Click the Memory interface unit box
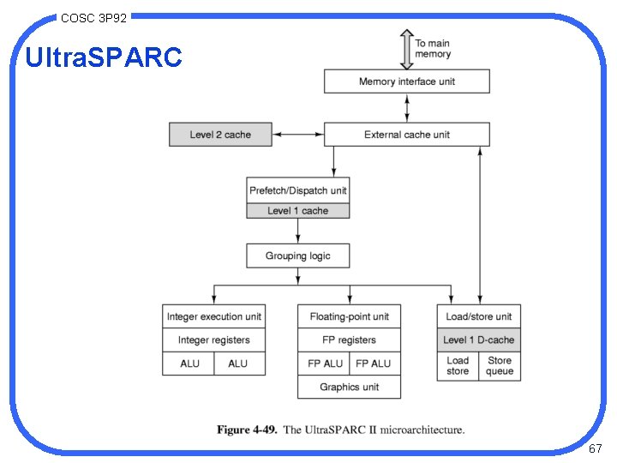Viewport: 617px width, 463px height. (406, 81)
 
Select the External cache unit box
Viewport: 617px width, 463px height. (406, 135)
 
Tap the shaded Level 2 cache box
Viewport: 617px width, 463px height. (220, 135)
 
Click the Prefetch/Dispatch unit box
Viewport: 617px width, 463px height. (297, 190)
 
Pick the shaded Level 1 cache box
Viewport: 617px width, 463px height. (297, 211)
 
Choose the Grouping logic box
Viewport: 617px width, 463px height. (297, 256)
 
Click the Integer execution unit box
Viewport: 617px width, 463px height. (213, 316)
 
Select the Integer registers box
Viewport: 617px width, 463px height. (213, 340)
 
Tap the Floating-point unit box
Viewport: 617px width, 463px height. (349, 316)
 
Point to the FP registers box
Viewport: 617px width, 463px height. (349, 340)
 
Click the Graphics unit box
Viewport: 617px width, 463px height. (349, 388)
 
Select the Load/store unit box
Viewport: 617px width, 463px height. (479, 316)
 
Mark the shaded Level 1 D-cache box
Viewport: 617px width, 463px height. (479, 340)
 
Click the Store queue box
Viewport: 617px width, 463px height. (500, 366)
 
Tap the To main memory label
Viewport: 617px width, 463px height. (433, 48)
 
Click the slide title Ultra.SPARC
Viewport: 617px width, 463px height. (104, 57)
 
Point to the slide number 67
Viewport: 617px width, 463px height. (595, 449)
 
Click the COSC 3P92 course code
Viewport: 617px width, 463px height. (93, 16)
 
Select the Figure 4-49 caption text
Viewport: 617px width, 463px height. (340, 430)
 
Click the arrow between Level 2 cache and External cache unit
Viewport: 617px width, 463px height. (298, 135)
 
